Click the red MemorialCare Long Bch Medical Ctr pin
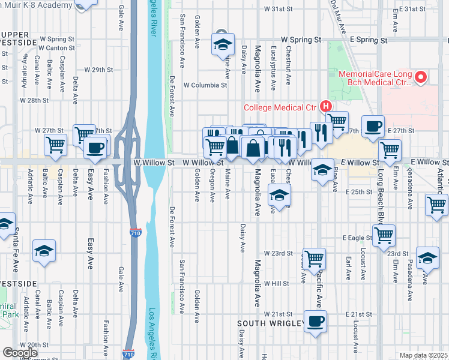tap(421, 77)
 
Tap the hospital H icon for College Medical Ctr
tap(326, 106)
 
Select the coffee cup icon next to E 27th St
tap(373, 127)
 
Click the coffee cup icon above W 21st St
tap(315, 321)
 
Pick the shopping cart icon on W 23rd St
tap(315, 259)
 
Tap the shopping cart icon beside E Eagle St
tap(383, 235)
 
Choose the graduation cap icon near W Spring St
tap(222, 43)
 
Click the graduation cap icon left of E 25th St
tap(279, 195)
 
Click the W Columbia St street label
tap(205, 85)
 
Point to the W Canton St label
tap(58, 48)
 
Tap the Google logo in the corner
tap(20, 353)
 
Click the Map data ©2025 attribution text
tap(423, 355)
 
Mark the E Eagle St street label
tap(358, 238)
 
